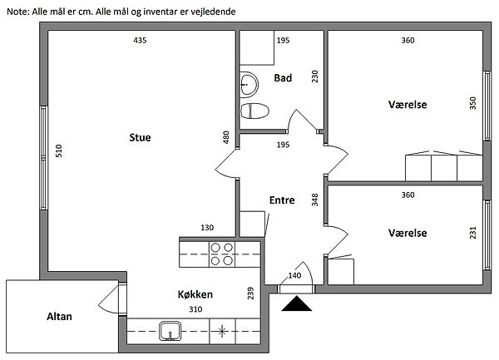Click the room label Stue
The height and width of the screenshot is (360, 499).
click(140, 137)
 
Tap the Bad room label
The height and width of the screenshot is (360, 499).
click(282, 78)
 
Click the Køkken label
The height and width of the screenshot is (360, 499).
click(195, 294)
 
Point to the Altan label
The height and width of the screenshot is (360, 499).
click(58, 316)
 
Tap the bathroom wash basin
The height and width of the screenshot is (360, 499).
click(249, 82)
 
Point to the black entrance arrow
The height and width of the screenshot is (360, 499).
click(294, 305)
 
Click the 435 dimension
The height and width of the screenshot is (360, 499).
click(140, 40)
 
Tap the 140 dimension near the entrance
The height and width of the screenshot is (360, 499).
click(294, 275)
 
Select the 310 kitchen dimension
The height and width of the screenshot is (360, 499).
click(195, 309)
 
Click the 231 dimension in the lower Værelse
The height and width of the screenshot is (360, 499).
click(472, 233)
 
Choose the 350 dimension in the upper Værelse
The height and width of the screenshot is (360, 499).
click(472, 103)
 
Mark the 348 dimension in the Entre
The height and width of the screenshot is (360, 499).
click(315, 200)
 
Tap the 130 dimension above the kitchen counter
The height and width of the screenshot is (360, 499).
click(207, 228)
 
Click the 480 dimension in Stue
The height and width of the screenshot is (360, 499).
click(225, 137)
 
